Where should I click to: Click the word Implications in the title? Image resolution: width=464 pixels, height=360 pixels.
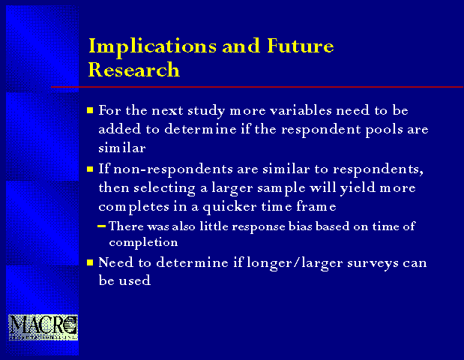tap(152, 47)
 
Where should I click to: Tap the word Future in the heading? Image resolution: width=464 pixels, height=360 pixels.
tap(301, 46)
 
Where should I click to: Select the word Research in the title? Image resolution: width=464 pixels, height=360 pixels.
tap(133, 70)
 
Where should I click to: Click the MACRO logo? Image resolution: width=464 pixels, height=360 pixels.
tap(43, 328)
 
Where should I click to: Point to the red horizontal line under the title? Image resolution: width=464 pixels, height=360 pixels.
tap(257, 87)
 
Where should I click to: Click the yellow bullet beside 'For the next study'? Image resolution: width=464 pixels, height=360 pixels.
tap(90, 111)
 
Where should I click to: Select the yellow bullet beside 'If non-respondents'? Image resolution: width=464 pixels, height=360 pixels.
tap(90, 169)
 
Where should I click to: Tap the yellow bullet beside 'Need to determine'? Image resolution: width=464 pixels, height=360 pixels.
tap(90, 262)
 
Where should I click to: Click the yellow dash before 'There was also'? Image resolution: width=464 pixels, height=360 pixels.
tap(101, 226)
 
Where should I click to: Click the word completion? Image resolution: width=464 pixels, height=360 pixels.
tap(143, 243)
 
